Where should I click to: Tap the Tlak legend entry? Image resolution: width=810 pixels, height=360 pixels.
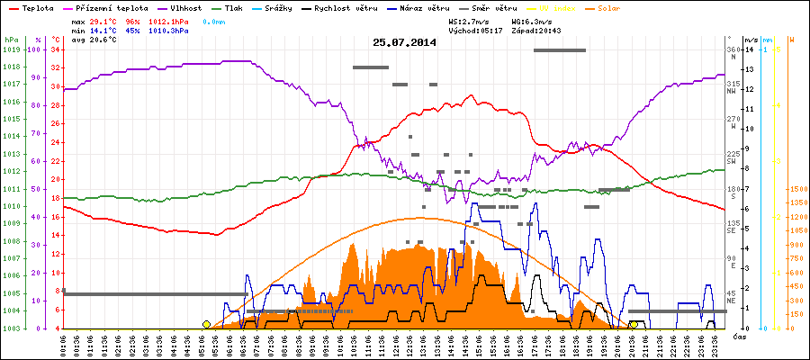tap(232, 7)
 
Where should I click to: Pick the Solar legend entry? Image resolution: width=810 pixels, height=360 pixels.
tap(607, 7)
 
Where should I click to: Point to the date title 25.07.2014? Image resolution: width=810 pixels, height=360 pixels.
tap(405, 42)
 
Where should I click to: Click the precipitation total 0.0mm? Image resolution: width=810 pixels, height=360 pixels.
tap(216, 20)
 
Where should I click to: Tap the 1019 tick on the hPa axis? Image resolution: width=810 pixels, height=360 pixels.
tap(11, 49)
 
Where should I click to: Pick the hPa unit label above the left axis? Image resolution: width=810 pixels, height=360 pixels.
tap(11, 40)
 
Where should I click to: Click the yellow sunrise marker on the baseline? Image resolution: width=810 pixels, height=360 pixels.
tap(207, 324)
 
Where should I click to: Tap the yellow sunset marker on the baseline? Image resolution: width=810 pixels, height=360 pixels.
tap(634, 324)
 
